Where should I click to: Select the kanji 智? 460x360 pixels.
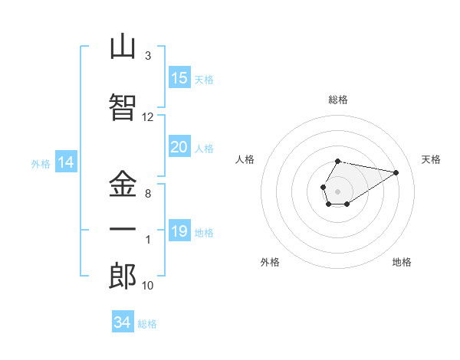123,107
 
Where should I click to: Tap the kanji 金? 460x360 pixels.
123,184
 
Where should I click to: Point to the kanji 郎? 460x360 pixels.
123,276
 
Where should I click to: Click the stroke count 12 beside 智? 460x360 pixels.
147,117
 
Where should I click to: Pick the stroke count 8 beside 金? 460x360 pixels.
148,194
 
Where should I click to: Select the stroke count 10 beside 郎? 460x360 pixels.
147,286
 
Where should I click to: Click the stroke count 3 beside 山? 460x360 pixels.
148,56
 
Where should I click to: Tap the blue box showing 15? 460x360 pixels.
179,77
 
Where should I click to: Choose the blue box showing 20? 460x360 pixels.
179,146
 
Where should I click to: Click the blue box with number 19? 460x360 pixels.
179,230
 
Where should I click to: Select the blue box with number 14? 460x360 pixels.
66,162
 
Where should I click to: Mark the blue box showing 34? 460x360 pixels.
123,321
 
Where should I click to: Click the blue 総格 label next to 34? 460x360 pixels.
147,324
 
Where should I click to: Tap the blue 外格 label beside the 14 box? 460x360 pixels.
41,164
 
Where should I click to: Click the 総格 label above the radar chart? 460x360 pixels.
338,100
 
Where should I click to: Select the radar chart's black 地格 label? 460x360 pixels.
402,262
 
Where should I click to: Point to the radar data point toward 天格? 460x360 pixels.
396,172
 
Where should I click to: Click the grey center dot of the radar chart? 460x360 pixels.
337,191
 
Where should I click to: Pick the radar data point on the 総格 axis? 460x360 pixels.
337,162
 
